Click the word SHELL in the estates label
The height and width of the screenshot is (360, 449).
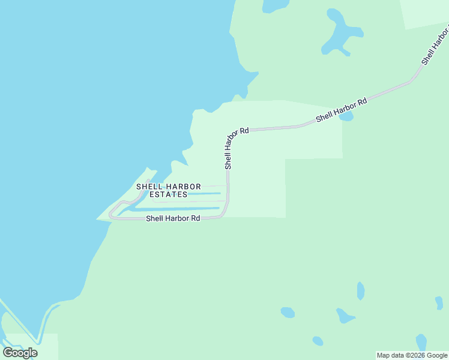click(147, 187)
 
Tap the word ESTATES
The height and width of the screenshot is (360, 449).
click(168, 194)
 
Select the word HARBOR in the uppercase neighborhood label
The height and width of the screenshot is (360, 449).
click(183, 187)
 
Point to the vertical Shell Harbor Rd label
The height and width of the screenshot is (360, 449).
click(228, 148)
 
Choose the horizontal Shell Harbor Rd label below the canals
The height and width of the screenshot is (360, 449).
click(173, 219)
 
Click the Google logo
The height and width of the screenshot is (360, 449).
click(20, 353)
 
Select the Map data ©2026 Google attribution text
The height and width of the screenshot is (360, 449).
click(412, 356)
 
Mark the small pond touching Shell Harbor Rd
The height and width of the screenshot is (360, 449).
click(346, 116)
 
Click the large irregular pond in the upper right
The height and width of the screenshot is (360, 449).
click(339, 33)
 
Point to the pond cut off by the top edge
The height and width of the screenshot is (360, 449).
click(275, 5)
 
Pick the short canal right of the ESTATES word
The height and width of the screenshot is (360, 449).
click(207, 193)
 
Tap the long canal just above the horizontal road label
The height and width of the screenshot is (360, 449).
click(174, 209)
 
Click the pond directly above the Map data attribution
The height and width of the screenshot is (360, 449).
click(421, 342)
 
